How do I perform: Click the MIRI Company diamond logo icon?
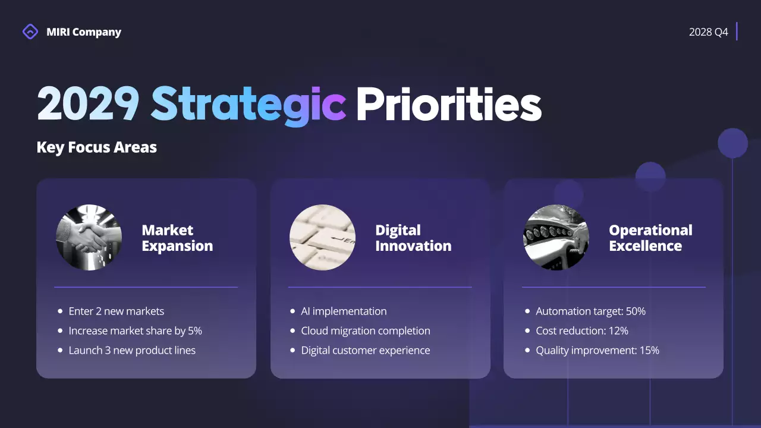[x=30, y=32]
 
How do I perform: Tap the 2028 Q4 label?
[x=708, y=32]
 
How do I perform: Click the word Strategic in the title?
[x=248, y=104]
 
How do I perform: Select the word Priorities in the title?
[x=448, y=104]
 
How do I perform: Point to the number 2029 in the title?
[x=88, y=104]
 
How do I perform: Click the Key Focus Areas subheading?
[x=97, y=147]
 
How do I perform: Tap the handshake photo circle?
[x=89, y=238]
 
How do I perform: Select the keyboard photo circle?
[x=322, y=238]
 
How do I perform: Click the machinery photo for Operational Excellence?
[x=556, y=238]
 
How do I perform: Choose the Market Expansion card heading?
[x=177, y=238]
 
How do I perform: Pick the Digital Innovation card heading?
[x=413, y=238]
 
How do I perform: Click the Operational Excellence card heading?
[x=650, y=238]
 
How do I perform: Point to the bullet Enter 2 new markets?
[x=116, y=311]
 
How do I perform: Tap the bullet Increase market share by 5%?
[x=135, y=331]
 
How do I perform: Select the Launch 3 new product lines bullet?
[x=132, y=350]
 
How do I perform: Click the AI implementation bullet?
[x=344, y=311]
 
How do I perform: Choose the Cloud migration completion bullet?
[x=365, y=331]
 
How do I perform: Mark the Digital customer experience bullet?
[x=365, y=350]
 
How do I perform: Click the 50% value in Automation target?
[x=636, y=311]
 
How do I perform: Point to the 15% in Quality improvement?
[x=649, y=350]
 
